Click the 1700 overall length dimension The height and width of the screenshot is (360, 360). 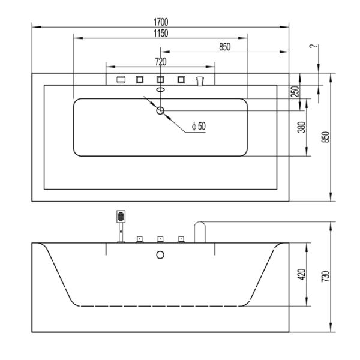(160, 22)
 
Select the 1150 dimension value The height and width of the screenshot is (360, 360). (160, 32)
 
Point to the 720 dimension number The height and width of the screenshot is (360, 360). (160, 61)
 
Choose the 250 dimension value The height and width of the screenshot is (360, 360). (295, 91)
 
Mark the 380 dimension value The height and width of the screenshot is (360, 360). (301, 127)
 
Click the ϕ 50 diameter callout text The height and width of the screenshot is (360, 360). (198, 126)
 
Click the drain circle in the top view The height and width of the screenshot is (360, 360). (160, 110)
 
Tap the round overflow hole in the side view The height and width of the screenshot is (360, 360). (160, 255)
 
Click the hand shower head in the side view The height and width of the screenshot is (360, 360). (121, 216)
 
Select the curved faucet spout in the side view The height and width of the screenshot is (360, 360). (200, 231)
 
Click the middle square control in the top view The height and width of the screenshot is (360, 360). (160, 79)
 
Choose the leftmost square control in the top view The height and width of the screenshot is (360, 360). (140, 79)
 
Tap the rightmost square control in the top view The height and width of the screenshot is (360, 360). (180, 79)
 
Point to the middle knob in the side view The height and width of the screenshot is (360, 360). (160, 239)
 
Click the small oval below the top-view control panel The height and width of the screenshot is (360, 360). (160, 90)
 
